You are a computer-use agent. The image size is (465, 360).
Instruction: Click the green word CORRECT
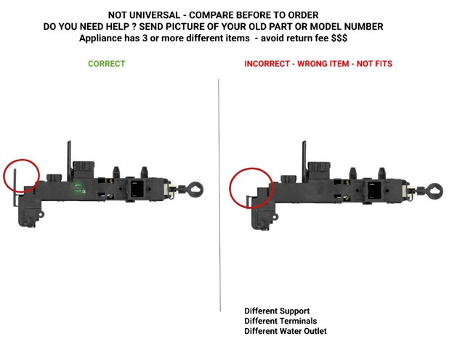(107, 64)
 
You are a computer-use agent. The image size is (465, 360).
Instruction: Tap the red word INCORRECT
(267, 64)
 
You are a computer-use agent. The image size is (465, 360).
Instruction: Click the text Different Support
(277, 311)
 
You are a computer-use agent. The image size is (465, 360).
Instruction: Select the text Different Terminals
(280, 321)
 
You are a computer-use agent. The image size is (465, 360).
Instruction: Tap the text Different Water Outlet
(286, 331)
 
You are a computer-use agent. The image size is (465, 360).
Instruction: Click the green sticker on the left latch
(78, 188)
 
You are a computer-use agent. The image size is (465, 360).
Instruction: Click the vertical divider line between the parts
(219, 195)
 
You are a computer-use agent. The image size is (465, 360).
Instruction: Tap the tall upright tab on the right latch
(304, 161)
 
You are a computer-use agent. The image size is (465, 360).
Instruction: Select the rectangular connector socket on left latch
(137, 189)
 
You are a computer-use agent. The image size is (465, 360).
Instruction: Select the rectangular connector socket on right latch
(374, 190)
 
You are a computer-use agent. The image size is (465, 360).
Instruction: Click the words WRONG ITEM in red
(323, 64)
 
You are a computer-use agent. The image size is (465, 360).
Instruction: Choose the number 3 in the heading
(145, 38)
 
